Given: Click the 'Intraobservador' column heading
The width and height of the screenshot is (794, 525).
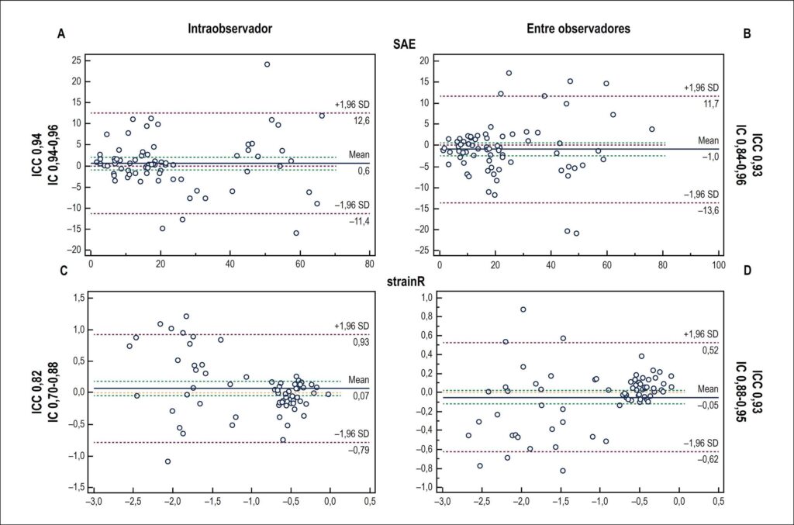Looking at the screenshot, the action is pos(230,29).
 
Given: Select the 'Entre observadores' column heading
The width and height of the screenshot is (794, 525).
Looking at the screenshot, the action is pos(578,29).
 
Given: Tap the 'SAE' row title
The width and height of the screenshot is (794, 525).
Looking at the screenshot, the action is pos(404,44).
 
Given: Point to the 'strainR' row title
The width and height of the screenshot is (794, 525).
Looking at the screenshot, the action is pos(406,282).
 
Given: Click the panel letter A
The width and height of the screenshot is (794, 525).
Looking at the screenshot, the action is pos(61,34).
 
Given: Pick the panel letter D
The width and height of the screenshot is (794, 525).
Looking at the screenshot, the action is pos(747,271).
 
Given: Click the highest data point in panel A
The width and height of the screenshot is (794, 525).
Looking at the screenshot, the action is pos(267,64).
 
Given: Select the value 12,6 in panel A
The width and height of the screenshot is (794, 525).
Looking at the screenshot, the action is pos(361,120).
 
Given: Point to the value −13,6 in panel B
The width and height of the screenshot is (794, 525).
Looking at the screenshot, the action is pos(708,211).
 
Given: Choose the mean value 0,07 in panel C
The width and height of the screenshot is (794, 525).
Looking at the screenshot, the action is pos(361,396).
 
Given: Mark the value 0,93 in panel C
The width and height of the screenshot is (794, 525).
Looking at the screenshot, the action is pos(361,342).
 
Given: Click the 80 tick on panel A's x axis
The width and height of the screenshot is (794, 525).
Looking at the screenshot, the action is pos(370,264).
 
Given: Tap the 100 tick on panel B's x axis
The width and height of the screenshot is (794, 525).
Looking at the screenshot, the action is pos(718,264).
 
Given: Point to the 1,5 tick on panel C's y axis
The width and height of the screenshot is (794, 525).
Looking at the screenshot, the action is pos(78,299).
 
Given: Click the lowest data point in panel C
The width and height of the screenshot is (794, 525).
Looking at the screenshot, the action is pos(167,461).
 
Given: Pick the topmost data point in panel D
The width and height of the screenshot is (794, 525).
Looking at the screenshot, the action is pos(523,309).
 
